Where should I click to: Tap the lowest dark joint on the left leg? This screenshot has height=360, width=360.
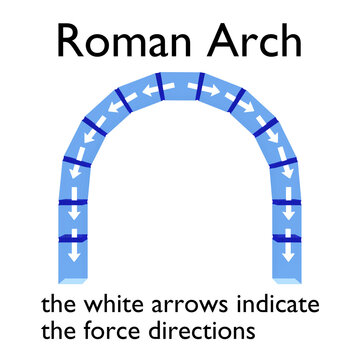(x=73, y=238)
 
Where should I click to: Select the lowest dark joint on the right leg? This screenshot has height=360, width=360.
(x=288, y=238)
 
